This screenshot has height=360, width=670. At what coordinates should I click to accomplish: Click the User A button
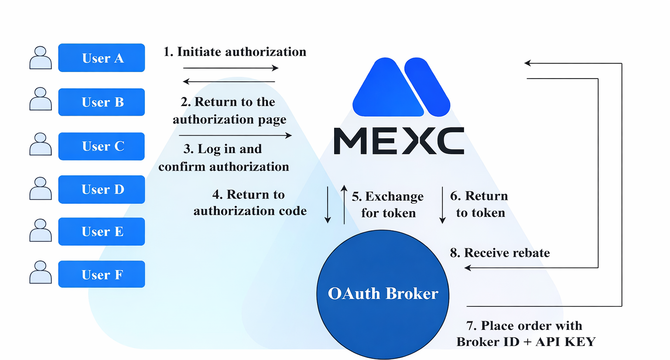pos(102,58)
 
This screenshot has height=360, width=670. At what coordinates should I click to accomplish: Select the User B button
pos(102,102)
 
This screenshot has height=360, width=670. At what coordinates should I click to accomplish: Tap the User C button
pos(102,146)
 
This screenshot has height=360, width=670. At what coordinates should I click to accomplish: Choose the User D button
pos(102,189)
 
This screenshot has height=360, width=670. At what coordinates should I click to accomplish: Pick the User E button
pos(102,231)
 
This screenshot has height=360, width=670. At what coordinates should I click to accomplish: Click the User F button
pos(102,274)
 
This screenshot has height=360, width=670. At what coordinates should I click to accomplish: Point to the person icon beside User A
pos(41,58)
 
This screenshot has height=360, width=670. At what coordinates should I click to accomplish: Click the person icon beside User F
pos(41,272)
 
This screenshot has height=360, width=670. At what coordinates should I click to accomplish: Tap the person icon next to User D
pos(41,189)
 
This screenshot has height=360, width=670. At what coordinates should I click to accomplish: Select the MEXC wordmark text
pos(399,141)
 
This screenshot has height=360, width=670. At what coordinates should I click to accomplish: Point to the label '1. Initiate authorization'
pos(235,52)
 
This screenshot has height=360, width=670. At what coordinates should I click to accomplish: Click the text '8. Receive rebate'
pos(500,253)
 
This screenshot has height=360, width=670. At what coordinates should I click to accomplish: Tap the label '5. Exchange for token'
pos(388,205)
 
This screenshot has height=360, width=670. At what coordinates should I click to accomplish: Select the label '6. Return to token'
pos(479,204)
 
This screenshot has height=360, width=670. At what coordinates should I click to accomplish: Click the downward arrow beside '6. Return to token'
pos(442,205)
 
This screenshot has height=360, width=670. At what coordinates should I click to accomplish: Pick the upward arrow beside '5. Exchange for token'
pos(344,204)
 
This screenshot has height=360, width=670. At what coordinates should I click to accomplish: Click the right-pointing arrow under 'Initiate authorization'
pos(231,68)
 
